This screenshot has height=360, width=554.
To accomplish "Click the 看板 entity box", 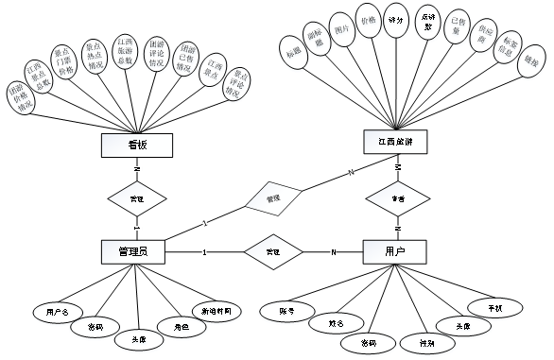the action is [x=137, y=145].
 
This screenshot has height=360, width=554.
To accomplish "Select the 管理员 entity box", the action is [x=137, y=252].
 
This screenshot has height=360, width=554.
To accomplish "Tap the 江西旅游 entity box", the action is [x=395, y=142].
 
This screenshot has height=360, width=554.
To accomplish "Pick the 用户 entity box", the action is [x=395, y=252].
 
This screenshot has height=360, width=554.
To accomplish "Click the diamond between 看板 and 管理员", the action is [x=137, y=199].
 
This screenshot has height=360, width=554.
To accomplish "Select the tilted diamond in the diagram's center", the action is [x=273, y=198].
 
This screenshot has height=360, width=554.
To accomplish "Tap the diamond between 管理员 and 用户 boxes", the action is [x=273, y=252].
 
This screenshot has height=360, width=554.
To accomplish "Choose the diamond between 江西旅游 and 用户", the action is [x=398, y=199].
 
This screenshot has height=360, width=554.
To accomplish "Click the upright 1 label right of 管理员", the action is [x=204, y=252].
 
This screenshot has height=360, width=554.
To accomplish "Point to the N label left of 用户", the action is [x=334, y=252].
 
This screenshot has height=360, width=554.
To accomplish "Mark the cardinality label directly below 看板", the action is [x=137, y=169].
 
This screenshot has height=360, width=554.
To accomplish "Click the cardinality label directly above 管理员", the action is [x=137, y=229].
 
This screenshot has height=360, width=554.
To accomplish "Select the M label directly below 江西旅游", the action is [x=398, y=167].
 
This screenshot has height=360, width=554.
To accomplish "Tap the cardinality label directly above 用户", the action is [x=398, y=229].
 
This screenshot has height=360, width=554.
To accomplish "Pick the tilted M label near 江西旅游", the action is [x=352, y=172].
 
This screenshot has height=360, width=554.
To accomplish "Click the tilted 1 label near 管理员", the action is [x=204, y=222].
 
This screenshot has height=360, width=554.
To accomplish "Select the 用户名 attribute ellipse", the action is [x=59, y=312].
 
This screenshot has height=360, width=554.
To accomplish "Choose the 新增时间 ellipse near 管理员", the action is [x=216, y=312].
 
